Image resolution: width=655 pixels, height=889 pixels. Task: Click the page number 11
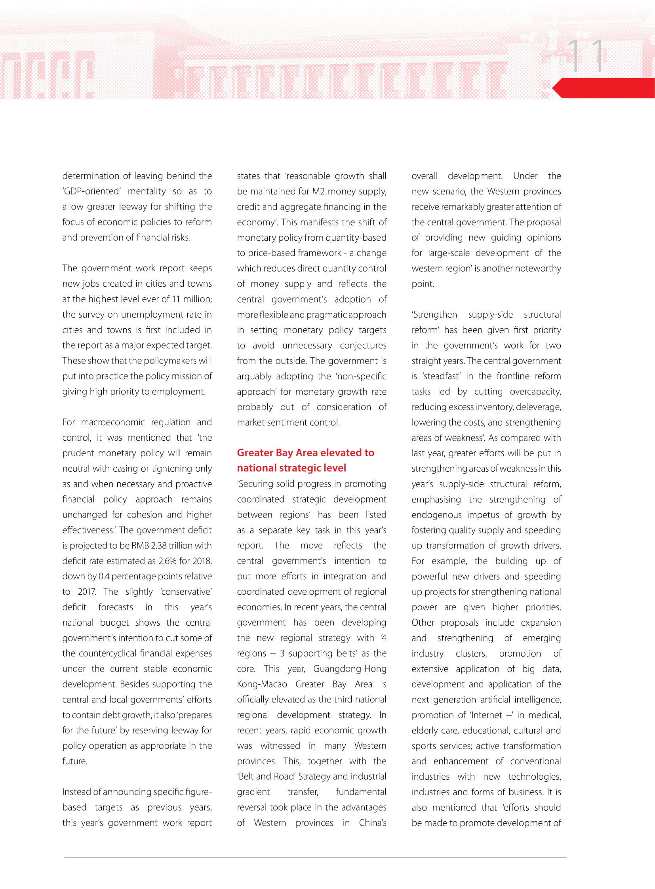(x=586, y=56)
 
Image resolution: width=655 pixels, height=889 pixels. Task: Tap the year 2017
(x=86, y=592)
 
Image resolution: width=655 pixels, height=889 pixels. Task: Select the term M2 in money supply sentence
(x=318, y=191)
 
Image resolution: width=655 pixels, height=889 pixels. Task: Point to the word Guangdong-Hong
(x=349, y=668)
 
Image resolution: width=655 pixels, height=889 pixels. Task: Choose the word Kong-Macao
(x=262, y=684)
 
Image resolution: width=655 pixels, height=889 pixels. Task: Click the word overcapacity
(x=535, y=391)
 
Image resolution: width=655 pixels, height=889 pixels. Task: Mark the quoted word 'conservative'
(x=186, y=592)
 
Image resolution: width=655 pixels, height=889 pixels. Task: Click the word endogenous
(x=436, y=515)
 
